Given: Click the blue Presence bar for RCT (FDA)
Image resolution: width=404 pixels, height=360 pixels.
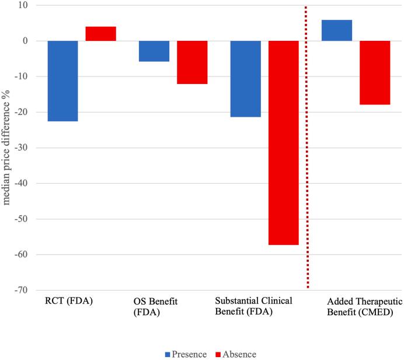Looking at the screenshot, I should [x=62, y=81].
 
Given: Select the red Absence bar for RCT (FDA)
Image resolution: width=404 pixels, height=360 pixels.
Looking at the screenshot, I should [x=100, y=34].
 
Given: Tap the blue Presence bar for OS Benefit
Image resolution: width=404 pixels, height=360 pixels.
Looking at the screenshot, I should [x=154, y=51].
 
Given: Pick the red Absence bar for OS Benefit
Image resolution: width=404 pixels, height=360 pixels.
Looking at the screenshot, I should [x=192, y=62].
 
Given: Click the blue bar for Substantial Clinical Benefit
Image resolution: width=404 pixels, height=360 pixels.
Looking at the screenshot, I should [x=246, y=79].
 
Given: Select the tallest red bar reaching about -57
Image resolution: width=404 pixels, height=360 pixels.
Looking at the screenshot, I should [x=284, y=142].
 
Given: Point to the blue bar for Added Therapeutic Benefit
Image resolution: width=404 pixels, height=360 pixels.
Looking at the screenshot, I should [x=337, y=30].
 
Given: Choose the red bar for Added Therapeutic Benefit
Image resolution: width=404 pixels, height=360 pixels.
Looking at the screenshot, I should [x=375, y=72].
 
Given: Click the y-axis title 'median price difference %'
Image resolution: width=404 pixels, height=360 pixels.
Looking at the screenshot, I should [x=8, y=146].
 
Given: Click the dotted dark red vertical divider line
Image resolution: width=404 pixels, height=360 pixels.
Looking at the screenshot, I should [x=307, y=146].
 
